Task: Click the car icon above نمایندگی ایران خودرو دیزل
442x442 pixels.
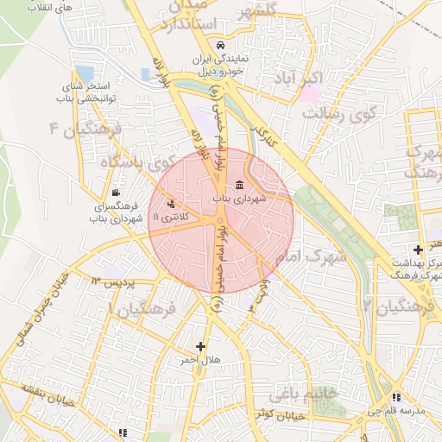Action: click(x=221, y=45)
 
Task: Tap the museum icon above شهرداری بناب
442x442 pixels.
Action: click(x=239, y=186)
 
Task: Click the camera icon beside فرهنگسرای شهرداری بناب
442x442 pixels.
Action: click(x=116, y=193)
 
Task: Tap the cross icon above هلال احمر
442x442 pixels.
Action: click(x=201, y=346)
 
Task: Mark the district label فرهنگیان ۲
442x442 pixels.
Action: click(x=401, y=306)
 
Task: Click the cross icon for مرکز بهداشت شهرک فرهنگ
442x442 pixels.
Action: click(x=419, y=249)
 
